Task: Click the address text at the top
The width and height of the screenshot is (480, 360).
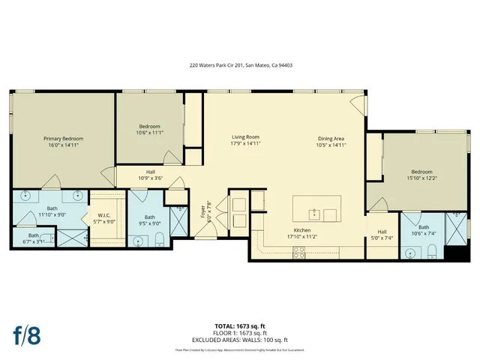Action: click(x=240, y=65)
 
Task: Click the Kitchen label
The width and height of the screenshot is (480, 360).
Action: click(x=302, y=232)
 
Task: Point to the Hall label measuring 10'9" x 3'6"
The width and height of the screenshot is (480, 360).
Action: click(x=151, y=175)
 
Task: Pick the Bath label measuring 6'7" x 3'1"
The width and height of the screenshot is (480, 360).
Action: click(x=33, y=238)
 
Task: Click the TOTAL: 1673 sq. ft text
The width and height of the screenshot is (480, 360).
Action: click(x=240, y=325)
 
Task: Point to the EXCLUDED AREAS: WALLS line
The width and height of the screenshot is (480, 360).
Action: click(x=240, y=339)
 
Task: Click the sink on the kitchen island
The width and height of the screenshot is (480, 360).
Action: click(x=316, y=214)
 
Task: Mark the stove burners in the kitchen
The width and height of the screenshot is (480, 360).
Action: click(x=299, y=253)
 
